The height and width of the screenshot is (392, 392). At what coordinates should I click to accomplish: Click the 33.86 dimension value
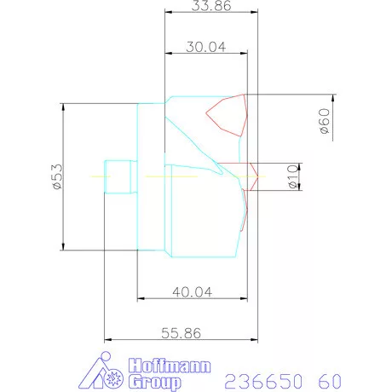(211, 6)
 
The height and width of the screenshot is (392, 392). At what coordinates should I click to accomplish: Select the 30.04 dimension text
(206, 47)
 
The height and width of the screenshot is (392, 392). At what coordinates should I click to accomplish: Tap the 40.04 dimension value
(193, 292)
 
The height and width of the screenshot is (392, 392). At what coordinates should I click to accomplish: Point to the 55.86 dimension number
(181, 333)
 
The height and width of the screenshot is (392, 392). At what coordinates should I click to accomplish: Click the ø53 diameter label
(57, 176)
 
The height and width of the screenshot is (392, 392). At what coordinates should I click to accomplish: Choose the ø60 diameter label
(325, 121)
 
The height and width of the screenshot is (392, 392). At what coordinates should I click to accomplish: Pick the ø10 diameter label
(293, 176)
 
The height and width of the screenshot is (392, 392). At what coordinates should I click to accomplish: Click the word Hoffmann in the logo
(170, 366)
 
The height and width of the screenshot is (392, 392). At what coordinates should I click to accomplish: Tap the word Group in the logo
(154, 383)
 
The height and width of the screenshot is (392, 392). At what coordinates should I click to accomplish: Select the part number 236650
(263, 381)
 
